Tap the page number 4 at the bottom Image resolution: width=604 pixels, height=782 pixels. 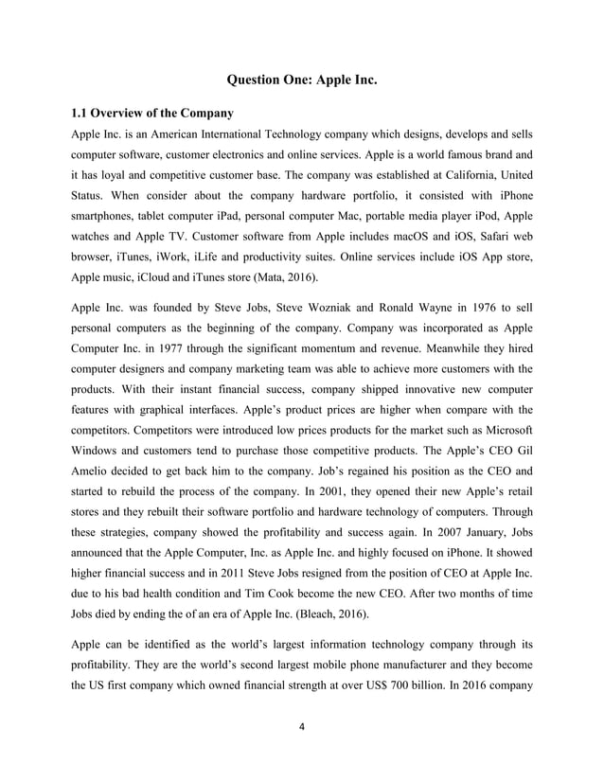(x=301, y=739)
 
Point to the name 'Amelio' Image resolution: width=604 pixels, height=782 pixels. (x=95, y=501)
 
